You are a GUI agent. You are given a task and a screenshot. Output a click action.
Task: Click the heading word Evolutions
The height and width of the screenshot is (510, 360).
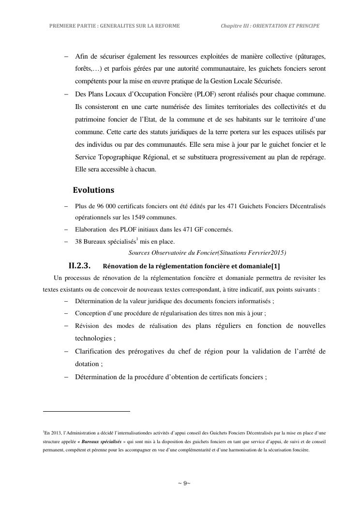[x=93, y=190]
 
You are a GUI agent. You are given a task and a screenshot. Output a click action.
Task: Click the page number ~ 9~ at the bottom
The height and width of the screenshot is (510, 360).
[x=184, y=483]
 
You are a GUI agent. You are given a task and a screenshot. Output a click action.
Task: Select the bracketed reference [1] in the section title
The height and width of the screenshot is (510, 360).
[x=275, y=266]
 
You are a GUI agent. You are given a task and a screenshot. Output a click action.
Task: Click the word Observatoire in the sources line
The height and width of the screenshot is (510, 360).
[x=169, y=252]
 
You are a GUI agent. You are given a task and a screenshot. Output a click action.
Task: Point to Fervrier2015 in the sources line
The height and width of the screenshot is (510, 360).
[x=266, y=252]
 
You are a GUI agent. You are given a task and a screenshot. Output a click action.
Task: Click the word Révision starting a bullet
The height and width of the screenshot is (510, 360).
[x=88, y=325]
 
